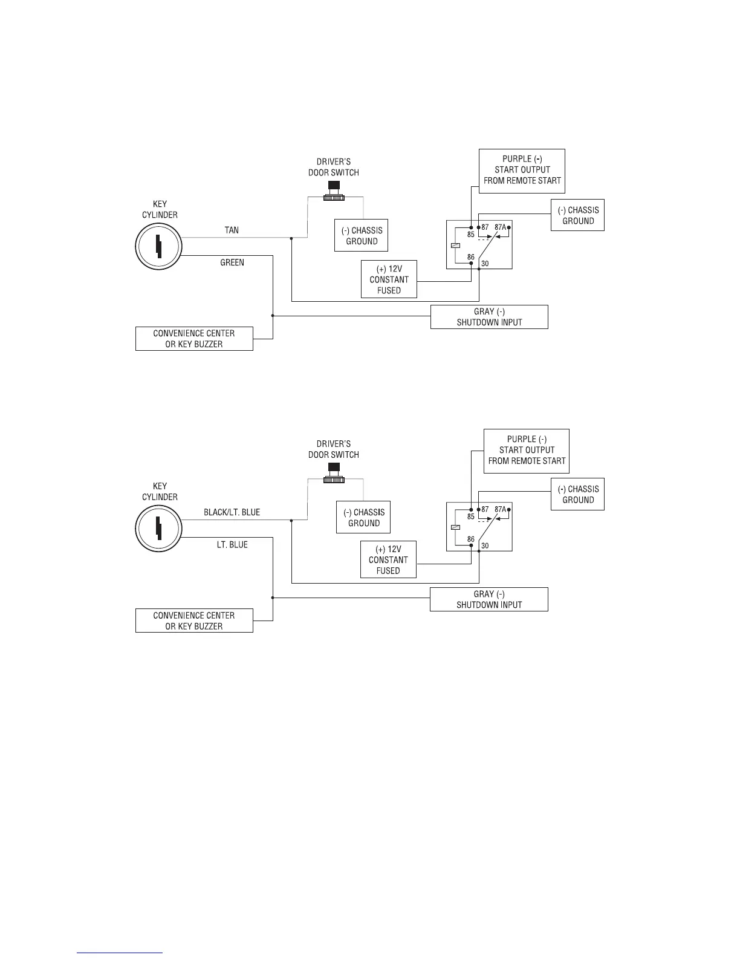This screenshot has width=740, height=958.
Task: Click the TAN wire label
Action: (232, 230)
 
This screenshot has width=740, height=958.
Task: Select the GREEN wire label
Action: (232, 262)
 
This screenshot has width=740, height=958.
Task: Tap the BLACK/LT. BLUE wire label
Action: (232, 512)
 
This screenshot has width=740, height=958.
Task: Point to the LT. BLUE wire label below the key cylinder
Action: (232, 544)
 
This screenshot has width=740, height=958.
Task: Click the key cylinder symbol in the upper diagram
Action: (158, 246)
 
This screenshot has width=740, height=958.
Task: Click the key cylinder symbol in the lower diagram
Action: (158, 527)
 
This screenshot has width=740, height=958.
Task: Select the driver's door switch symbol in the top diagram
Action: (333, 191)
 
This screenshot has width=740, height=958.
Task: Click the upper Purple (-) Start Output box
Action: (522, 170)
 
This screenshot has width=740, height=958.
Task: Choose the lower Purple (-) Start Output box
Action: (527, 450)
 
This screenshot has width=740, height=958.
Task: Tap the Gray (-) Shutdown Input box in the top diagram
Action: (489, 317)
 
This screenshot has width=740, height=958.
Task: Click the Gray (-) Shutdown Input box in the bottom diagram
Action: (489, 599)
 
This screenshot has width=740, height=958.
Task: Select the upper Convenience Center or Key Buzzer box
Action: (194, 339)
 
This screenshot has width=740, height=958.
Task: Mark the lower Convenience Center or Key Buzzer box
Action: (194, 621)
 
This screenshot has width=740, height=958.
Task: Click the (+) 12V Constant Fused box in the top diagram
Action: (389, 279)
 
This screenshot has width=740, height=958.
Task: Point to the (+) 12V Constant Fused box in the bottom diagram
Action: (388, 560)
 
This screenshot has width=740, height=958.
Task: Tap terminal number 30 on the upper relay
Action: (485, 264)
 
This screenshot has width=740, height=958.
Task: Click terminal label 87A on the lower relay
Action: (500, 509)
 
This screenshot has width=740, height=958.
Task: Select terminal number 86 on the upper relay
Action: (470, 258)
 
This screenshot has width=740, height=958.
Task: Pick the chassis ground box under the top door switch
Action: (361, 236)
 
